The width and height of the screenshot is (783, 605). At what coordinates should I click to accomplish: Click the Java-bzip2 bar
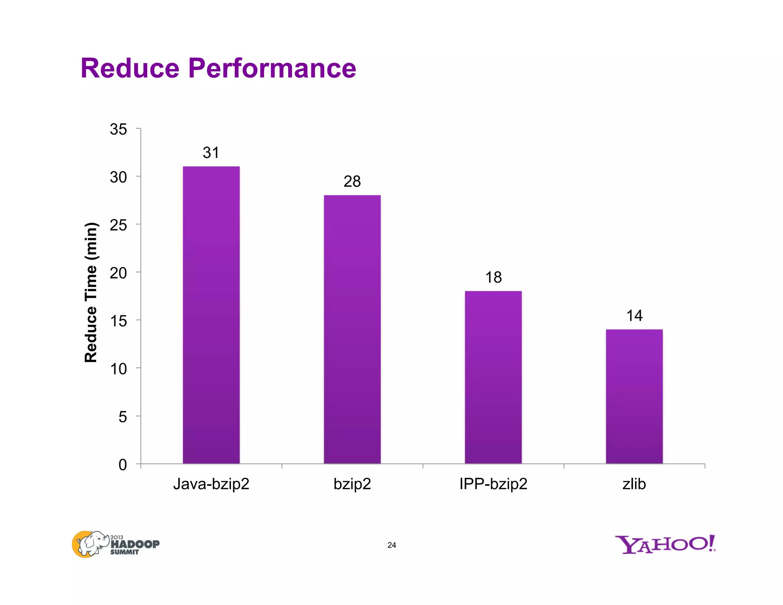[211, 315]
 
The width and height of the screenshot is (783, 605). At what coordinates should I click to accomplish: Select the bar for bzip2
[352, 329]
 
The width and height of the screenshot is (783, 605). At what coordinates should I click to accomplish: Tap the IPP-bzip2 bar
[493, 377]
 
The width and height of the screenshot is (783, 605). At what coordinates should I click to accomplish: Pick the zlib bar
[634, 396]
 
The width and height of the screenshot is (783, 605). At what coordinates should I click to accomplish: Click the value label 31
[211, 153]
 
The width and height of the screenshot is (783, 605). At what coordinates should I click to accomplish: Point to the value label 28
[352, 182]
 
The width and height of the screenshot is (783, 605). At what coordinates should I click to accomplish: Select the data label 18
[493, 278]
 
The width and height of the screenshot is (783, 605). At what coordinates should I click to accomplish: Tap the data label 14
[634, 316]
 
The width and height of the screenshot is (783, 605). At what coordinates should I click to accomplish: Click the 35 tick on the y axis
[119, 129]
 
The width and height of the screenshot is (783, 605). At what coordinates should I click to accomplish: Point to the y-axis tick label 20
[119, 273]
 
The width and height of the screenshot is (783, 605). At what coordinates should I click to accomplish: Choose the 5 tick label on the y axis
[122, 417]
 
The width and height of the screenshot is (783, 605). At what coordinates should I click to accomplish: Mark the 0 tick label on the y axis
[122, 465]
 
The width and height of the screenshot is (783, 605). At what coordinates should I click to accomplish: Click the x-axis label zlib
[634, 484]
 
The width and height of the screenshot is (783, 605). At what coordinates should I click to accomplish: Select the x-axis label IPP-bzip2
[493, 484]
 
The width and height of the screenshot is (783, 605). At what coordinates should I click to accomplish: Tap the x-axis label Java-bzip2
[211, 484]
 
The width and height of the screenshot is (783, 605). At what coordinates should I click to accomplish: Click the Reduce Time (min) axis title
[91, 293]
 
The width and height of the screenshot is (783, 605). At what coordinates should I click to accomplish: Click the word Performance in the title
[272, 68]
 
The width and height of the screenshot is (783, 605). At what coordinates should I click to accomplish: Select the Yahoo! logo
[665, 545]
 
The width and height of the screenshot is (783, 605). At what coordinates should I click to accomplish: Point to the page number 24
[391, 545]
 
